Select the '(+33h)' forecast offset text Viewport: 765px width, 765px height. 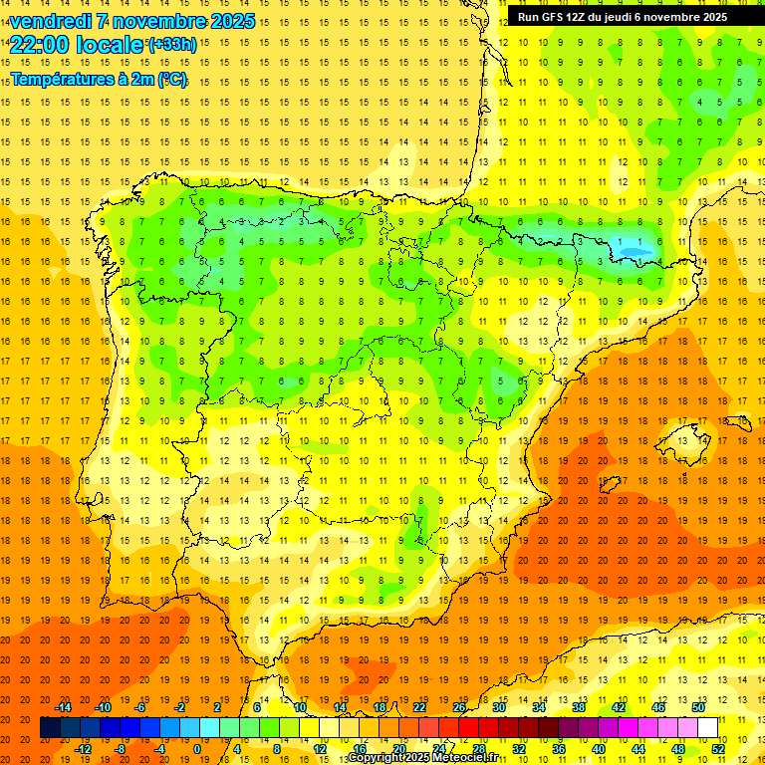click(171, 44)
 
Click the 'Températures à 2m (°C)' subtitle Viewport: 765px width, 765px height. click(99, 80)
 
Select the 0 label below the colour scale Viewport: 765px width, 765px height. click(196, 749)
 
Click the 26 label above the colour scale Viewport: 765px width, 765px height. click(459, 707)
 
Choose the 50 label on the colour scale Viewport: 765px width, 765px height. click(697, 707)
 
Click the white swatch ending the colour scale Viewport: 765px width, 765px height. click(708, 728)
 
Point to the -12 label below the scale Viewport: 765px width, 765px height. click(83, 749)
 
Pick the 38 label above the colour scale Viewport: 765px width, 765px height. click(578, 707)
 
